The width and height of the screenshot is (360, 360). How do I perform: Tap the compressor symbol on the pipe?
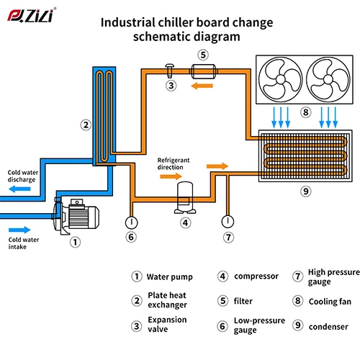point(186,195)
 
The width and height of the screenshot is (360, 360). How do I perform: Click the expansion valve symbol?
point(171,70)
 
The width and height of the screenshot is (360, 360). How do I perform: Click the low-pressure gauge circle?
point(130,220)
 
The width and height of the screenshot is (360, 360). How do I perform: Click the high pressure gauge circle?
point(228,220)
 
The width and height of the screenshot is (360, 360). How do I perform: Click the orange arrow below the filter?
point(202,85)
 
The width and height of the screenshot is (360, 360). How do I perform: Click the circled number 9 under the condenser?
point(305,192)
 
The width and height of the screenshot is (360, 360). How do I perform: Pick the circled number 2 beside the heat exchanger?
point(86,125)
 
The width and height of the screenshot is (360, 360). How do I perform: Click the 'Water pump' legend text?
point(168,276)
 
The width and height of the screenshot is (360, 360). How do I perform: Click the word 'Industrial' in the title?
point(127,22)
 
